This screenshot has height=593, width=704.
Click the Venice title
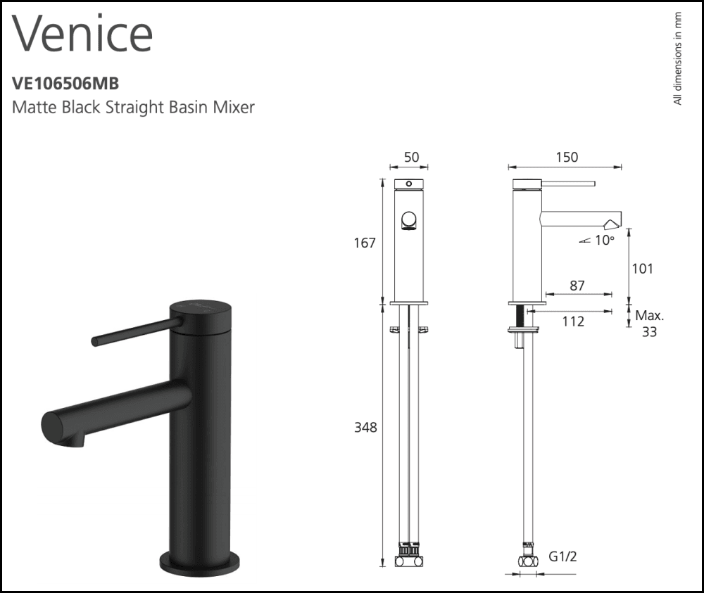[82, 32]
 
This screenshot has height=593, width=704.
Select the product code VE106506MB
[65, 83]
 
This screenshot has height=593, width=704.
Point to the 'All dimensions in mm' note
[677, 58]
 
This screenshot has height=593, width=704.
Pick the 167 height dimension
[365, 243]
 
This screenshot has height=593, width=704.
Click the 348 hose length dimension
[365, 427]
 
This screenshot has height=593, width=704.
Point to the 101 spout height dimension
[642, 268]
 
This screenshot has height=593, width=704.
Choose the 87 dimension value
[577, 285]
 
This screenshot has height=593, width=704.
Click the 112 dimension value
[573, 321]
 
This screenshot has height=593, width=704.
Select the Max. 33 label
[649, 323]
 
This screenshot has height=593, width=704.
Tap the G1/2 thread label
[564, 557]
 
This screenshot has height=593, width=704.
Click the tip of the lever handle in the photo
[95, 341]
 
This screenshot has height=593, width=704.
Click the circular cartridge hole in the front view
[408, 222]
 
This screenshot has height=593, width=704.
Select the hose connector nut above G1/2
[524, 561]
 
